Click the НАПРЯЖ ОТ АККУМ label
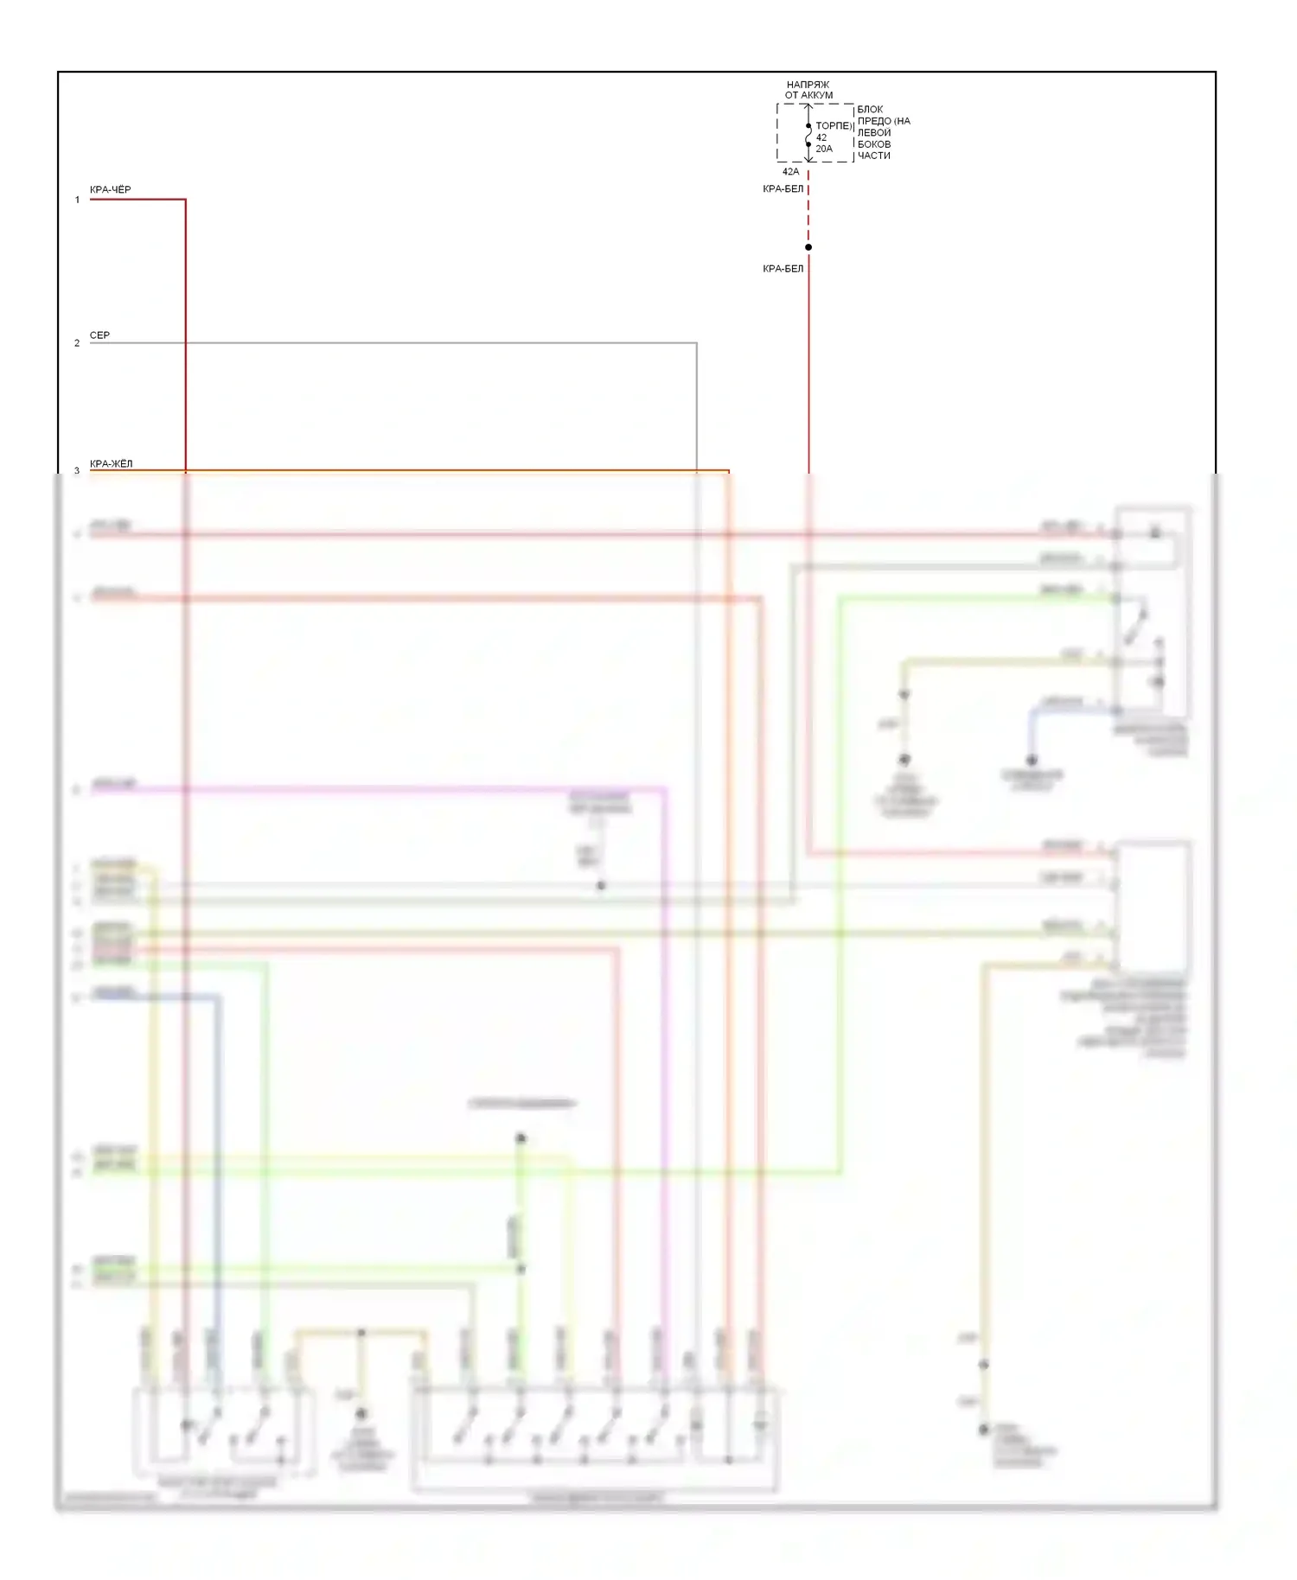point(808,90)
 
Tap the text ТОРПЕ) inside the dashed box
point(834,125)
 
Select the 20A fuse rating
point(824,149)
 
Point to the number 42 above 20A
point(821,137)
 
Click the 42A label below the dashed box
point(790,171)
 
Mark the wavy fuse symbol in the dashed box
point(808,136)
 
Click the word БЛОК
point(870,110)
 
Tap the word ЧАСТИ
point(873,156)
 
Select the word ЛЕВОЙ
point(873,132)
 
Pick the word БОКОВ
point(873,144)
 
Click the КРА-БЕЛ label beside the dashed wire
point(783,188)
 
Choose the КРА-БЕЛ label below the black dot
point(783,269)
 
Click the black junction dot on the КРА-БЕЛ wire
point(808,247)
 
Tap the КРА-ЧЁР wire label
point(110,189)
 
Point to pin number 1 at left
point(77,200)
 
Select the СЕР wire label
point(99,334)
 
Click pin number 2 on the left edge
point(77,343)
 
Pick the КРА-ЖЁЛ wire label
point(111,463)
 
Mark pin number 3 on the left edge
point(77,470)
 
